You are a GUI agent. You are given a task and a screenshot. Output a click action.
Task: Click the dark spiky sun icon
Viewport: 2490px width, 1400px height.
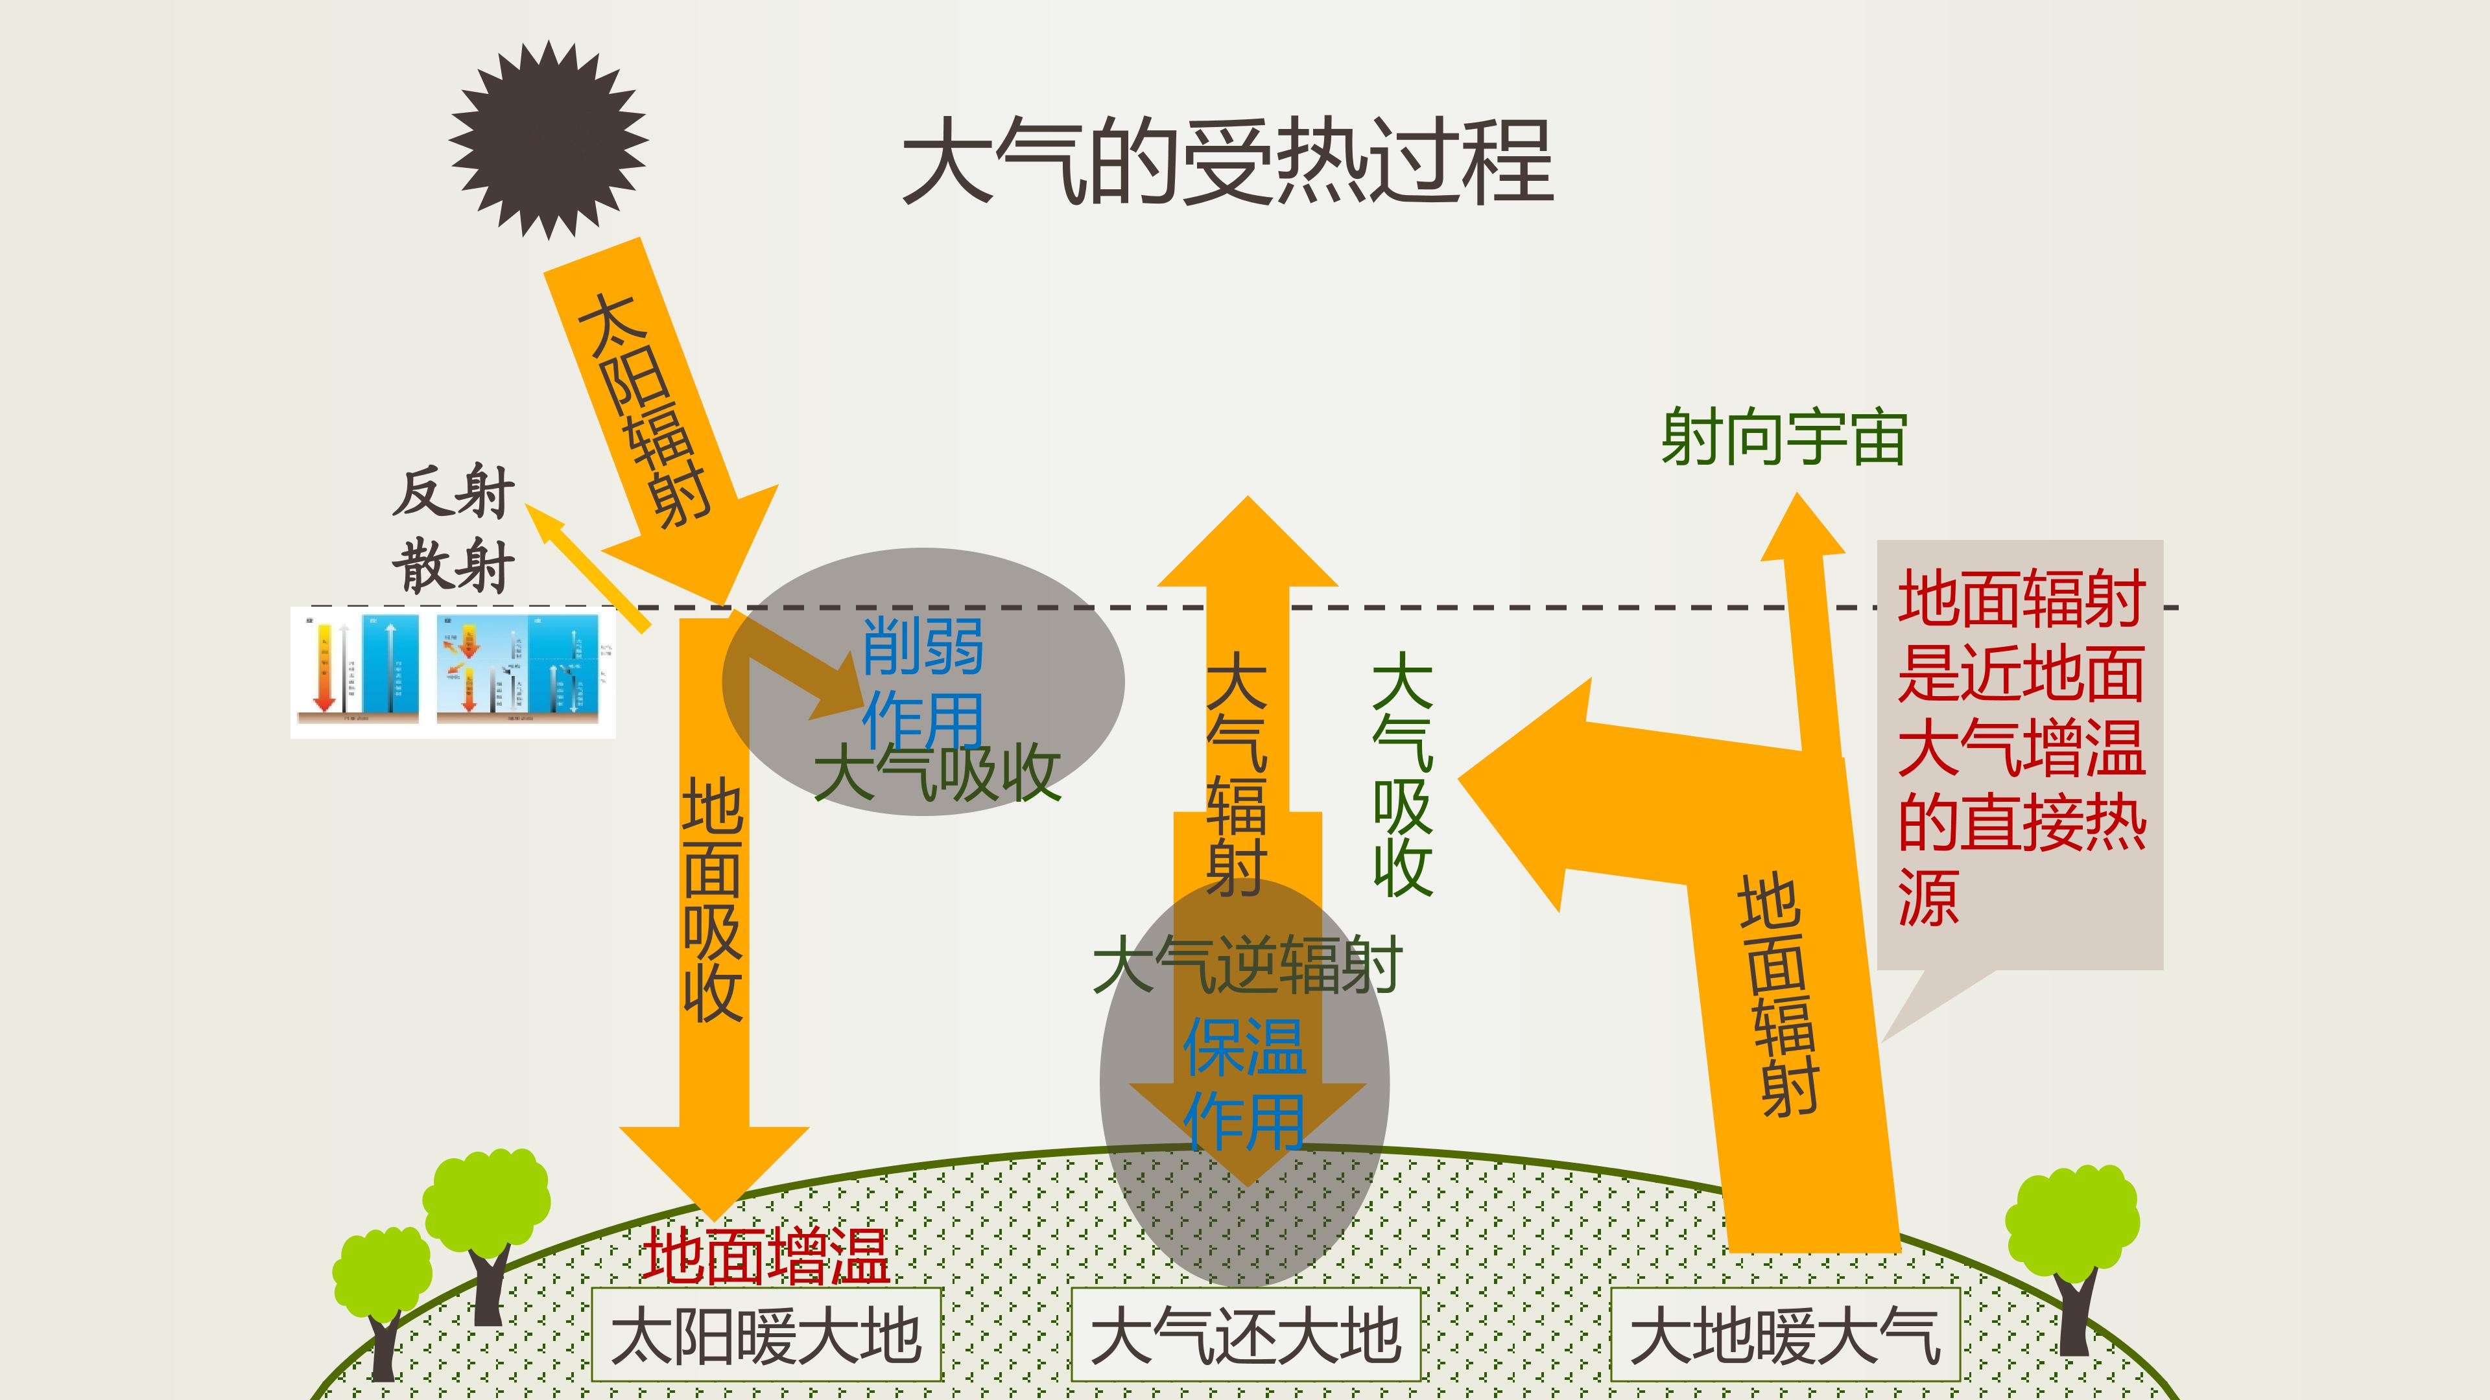[548, 140]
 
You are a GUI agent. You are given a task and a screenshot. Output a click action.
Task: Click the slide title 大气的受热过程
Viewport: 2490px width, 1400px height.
[1227, 161]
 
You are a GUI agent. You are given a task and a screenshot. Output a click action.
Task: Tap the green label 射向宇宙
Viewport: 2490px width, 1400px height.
[1783, 437]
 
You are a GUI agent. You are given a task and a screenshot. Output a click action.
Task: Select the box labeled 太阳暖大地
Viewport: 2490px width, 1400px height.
[766, 1335]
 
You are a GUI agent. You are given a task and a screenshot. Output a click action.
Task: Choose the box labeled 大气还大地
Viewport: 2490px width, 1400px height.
[1245, 1335]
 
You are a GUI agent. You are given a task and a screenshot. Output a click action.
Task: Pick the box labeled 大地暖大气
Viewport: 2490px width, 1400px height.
[1784, 1335]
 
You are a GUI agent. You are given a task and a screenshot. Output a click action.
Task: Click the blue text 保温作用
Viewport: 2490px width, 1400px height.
[1245, 1082]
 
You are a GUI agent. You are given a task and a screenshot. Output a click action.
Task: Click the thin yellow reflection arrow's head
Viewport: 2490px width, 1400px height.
[544, 522]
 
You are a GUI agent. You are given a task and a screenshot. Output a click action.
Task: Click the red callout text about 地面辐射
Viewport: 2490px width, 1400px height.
[2021, 749]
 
